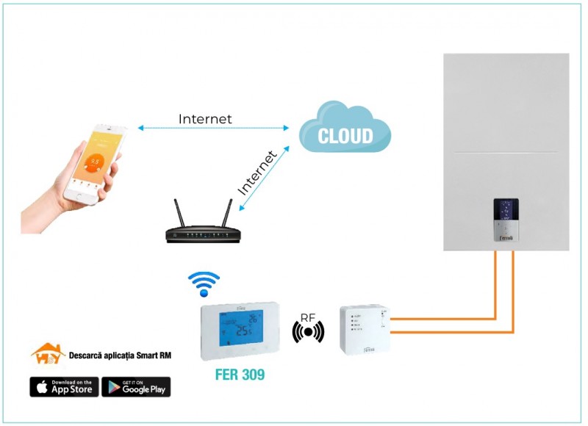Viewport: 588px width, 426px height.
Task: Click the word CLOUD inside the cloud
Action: point(345,136)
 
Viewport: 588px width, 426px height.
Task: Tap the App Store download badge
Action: point(64,387)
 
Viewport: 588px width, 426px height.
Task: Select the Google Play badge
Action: point(136,387)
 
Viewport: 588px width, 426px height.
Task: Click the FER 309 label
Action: point(240,375)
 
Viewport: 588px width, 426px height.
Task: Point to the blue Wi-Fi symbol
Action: point(204,283)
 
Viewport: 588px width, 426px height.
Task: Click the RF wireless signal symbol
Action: point(308,332)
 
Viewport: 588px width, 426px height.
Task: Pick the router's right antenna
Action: point(226,212)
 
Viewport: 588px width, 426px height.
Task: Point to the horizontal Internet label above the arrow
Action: point(205,119)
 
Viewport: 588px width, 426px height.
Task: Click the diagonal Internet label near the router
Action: point(257,173)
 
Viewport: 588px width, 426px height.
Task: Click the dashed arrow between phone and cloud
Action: point(213,129)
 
